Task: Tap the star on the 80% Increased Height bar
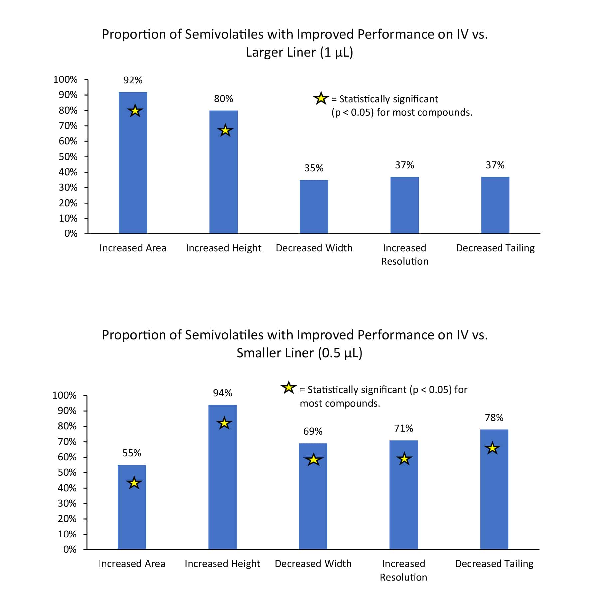pyautogui.click(x=225, y=131)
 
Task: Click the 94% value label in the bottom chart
pyautogui.click(x=222, y=393)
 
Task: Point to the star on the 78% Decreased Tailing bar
pyautogui.click(x=492, y=448)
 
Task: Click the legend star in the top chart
pyautogui.click(x=321, y=99)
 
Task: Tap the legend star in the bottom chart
pyautogui.click(x=288, y=388)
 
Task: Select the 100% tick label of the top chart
pyautogui.click(x=65, y=79)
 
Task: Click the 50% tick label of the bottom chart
pyautogui.click(x=67, y=472)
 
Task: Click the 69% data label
pyautogui.click(x=313, y=431)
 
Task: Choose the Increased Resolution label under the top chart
pyautogui.click(x=404, y=254)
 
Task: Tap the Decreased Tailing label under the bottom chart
pyautogui.click(x=494, y=564)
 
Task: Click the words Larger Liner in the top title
pyautogui.click(x=281, y=52)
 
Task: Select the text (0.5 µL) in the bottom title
pyautogui.click(x=340, y=353)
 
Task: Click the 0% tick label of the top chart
pyautogui.click(x=71, y=233)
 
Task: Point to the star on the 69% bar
pyautogui.click(x=313, y=460)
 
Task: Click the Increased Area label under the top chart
pyautogui.click(x=133, y=248)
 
